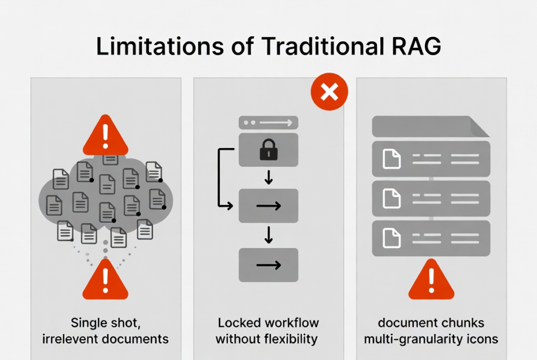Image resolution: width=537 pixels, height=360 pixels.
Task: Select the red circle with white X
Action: tap(329, 92)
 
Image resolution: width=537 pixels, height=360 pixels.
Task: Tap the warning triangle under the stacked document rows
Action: tap(431, 280)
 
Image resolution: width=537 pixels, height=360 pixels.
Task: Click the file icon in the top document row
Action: tap(391, 159)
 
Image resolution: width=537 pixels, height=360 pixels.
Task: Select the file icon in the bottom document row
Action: tap(391, 238)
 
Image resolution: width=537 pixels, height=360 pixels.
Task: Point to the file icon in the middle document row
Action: tap(391, 199)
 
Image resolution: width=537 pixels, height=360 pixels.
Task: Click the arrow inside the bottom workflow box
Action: tap(268, 265)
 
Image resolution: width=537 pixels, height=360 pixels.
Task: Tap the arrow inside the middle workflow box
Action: tap(268, 205)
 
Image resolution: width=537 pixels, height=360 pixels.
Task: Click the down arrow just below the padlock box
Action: tap(268, 177)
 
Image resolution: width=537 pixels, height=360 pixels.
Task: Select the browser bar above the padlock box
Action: tap(268, 123)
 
